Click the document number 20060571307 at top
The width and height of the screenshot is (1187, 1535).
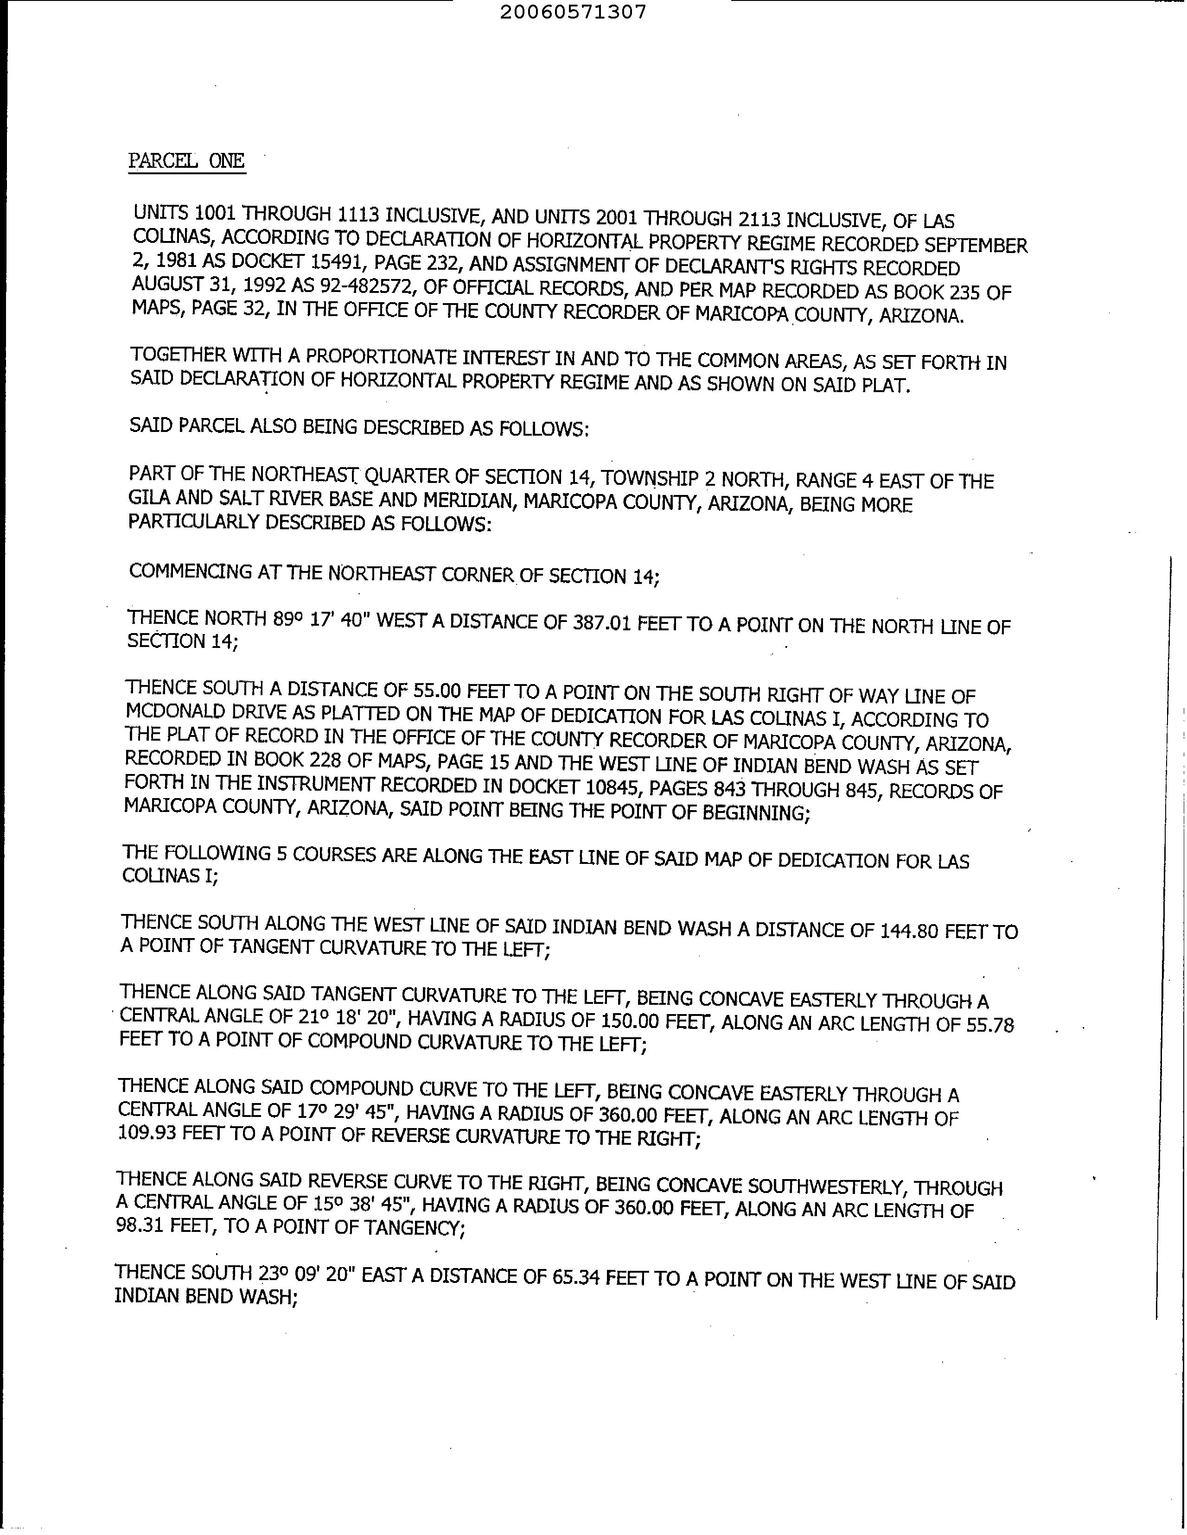pyautogui.click(x=573, y=12)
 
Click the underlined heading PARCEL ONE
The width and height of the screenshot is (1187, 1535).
pyautogui.click(x=186, y=161)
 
